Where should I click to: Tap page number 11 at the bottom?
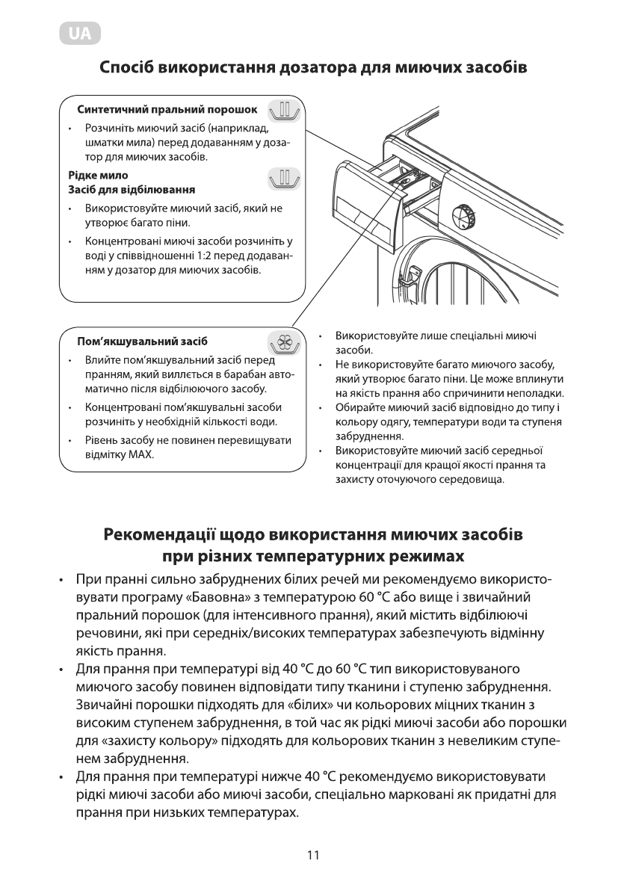click(x=313, y=855)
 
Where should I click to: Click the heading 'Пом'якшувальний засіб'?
click(x=142, y=341)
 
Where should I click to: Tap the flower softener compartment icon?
click(x=283, y=342)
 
